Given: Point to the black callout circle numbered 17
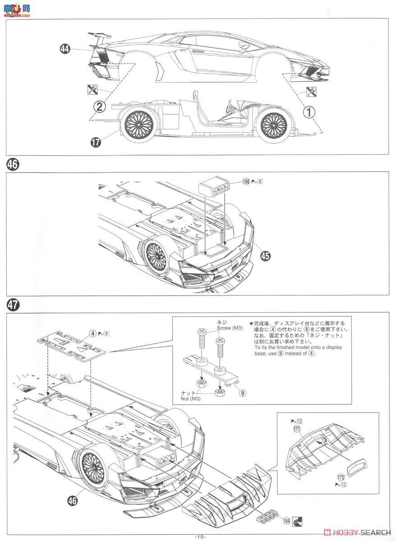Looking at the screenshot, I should click(95, 142).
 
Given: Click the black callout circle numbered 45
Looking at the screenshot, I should click(266, 255).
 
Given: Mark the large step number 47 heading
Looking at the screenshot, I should click(13, 305).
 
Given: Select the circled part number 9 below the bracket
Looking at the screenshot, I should click(243, 393).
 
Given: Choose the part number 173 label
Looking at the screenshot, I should click(341, 477).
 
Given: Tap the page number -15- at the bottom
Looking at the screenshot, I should click(200, 536).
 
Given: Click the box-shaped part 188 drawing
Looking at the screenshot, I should click(212, 185).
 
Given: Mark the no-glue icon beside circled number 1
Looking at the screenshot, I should click(310, 92).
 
